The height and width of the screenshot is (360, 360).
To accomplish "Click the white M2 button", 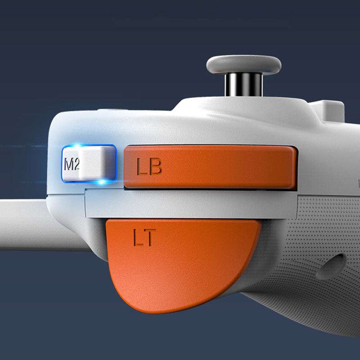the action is (x=89, y=163).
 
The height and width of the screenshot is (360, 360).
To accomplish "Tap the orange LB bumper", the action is (x=210, y=167).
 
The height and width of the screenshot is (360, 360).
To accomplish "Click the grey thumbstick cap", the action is (x=243, y=64).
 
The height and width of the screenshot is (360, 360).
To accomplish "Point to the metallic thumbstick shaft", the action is (x=243, y=85).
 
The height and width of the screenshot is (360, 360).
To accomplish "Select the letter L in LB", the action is (x=142, y=166).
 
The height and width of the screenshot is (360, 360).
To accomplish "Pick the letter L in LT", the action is (x=139, y=238).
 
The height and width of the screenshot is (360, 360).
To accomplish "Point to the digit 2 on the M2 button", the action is (x=77, y=164).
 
